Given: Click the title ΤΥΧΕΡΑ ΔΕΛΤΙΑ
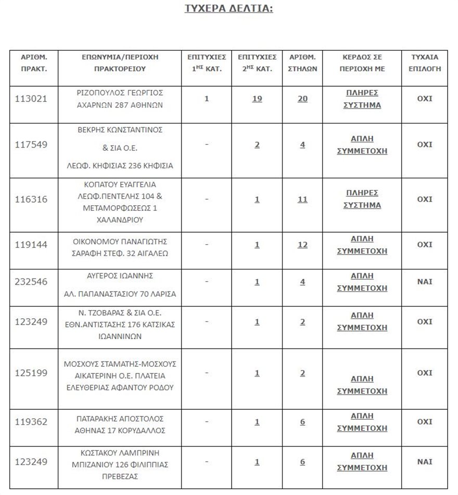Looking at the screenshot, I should pos(228,9).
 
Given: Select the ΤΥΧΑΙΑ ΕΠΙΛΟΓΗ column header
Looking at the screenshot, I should pos(425,62).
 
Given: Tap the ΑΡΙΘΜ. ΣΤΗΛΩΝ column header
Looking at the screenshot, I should pos(302,62).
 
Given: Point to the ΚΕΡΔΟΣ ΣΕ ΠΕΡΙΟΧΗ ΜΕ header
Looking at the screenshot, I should pos(362,62).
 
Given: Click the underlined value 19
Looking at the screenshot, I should pos(257,99).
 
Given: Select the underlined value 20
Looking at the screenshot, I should pos(302,99).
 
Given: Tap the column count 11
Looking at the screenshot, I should pos(302,199).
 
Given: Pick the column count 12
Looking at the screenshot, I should pos(302,245).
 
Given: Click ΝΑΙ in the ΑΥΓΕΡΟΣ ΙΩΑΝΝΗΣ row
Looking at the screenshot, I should pos(425,282).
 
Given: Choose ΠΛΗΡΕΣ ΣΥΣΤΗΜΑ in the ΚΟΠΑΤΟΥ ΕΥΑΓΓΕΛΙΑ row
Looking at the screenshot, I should pos(362,199).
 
